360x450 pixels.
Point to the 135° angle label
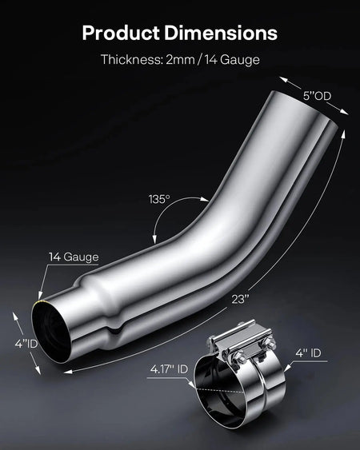(158, 199)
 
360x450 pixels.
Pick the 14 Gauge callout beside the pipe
(73, 257)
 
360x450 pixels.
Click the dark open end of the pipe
(51, 325)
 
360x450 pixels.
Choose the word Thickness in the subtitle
(128, 60)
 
